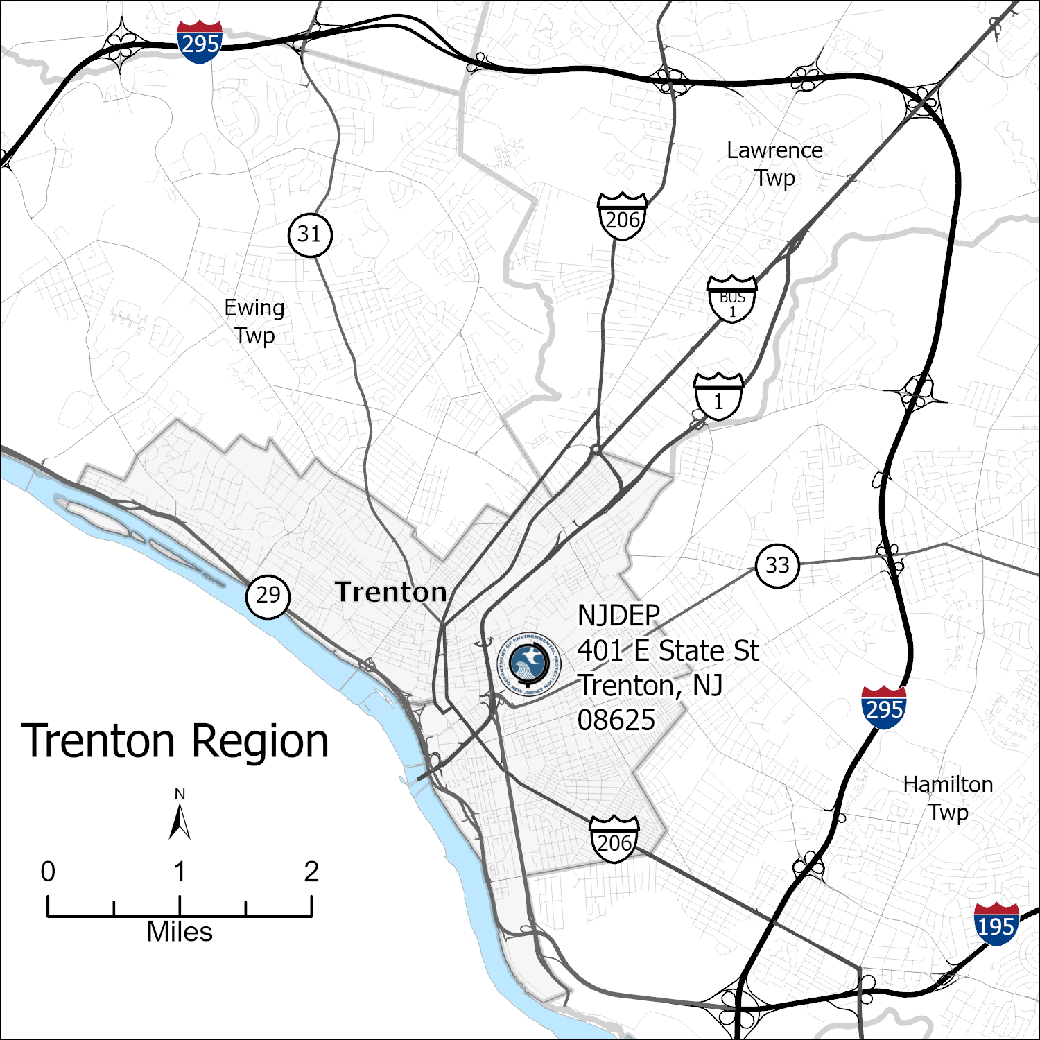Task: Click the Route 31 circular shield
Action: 310,235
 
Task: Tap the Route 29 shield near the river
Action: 268,596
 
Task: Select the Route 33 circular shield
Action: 777,566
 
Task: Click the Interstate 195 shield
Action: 996,924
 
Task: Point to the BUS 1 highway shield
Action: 732,299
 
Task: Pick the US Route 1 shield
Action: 719,397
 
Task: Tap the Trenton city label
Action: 391,592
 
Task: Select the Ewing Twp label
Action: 254,321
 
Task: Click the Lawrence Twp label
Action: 774,164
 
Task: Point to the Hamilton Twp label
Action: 948,798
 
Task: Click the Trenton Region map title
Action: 175,741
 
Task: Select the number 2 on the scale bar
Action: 311,872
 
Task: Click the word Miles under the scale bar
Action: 180,932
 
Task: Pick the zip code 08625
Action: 616,720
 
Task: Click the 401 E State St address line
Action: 668,651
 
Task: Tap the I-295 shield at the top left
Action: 200,42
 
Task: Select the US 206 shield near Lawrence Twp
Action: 622,217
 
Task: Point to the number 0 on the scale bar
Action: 48,872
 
